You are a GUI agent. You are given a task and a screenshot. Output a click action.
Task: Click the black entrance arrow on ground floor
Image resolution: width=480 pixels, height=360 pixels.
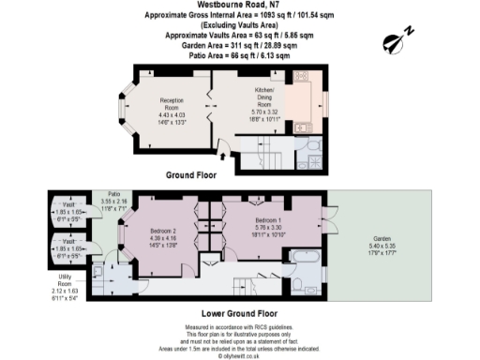(x=221, y=146)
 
